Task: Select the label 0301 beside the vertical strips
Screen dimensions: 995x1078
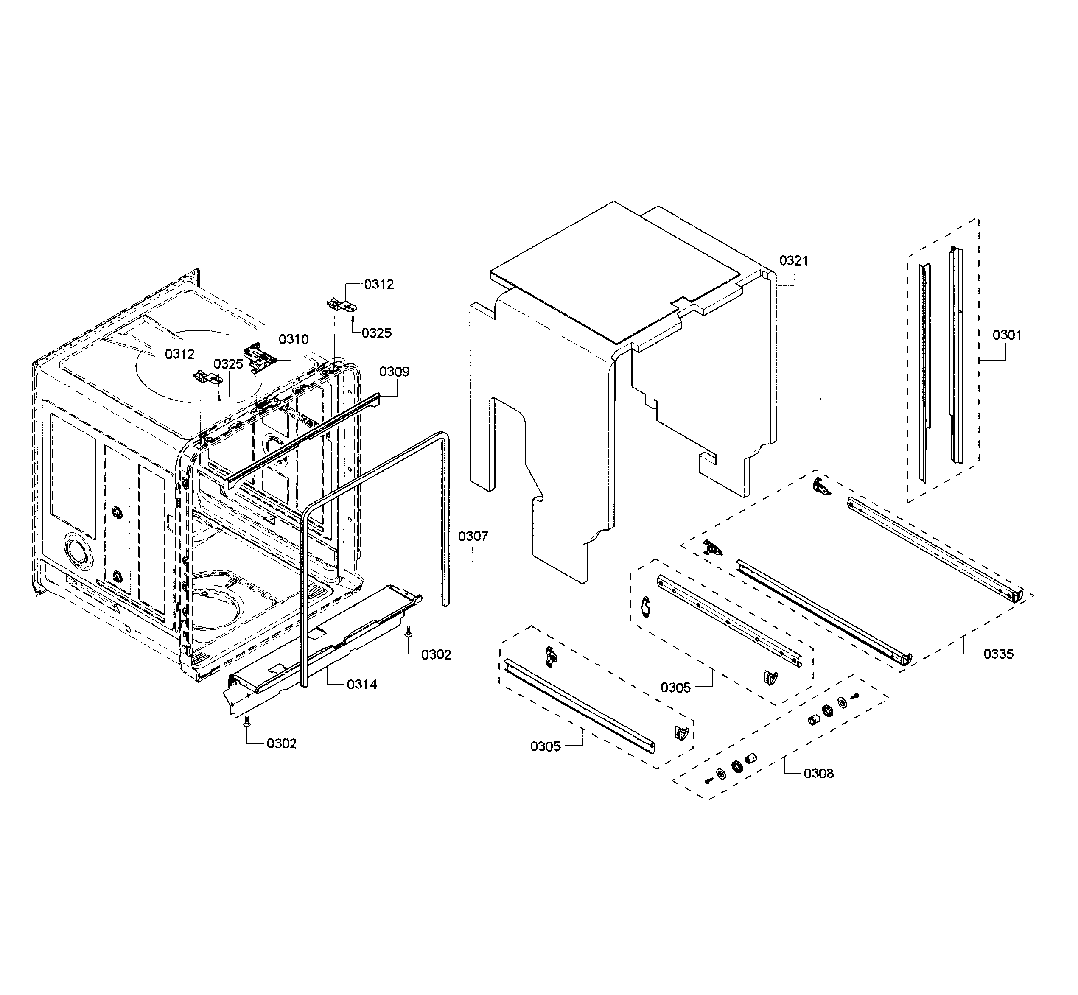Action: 1006,335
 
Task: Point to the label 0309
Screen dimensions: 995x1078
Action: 394,372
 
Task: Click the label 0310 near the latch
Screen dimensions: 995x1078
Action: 294,339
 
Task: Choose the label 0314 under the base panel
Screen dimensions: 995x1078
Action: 361,685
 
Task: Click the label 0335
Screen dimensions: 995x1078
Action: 998,654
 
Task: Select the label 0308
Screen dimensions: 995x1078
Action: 818,773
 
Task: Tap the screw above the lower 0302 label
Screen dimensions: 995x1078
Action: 246,721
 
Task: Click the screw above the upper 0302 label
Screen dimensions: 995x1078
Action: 408,631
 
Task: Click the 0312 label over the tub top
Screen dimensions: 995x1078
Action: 179,354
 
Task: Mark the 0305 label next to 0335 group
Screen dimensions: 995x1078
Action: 675,688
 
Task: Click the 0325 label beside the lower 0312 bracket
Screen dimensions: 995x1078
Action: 228,364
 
